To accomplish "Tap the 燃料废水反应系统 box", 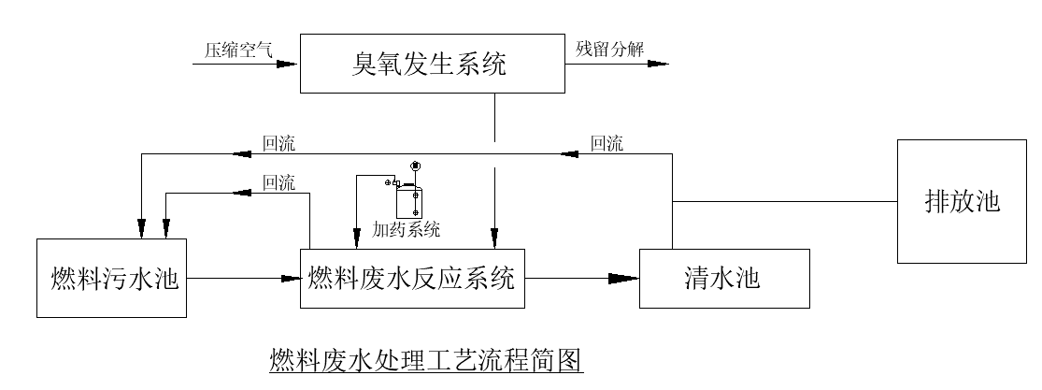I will coord(411,278).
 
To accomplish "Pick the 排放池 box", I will coord(962,201).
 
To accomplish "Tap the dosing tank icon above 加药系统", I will coord(408,200).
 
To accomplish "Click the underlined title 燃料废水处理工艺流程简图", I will coord(426,360).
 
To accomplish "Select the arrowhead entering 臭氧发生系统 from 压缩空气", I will coord(289,65).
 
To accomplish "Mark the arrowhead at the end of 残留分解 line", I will coord(658,65).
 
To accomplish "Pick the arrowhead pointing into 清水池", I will coord(626,278).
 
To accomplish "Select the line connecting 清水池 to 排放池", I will coord(785,201).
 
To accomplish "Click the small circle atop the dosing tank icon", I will coord(415,166).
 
